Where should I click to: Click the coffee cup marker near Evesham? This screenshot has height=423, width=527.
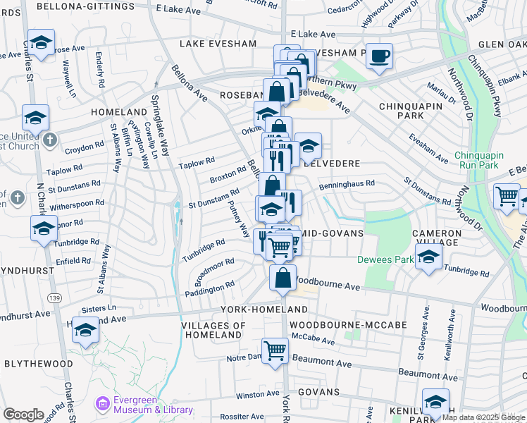point(379,57)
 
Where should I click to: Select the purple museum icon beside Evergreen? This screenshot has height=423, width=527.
point(103,404)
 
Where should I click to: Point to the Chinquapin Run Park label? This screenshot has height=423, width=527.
point(485,160)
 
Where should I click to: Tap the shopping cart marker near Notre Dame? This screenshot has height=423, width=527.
point(275,350)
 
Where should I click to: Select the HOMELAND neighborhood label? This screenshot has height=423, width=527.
point(118,112)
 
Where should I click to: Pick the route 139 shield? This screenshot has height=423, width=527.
point(55,299)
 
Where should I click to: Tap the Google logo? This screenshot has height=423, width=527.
point(23,415)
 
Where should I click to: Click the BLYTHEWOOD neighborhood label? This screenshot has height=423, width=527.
point(39,363)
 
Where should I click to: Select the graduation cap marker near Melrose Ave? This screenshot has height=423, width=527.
point(41,44)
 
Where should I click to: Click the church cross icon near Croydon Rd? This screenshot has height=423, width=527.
point(49,140)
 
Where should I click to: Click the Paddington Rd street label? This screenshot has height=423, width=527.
point(210,288)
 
